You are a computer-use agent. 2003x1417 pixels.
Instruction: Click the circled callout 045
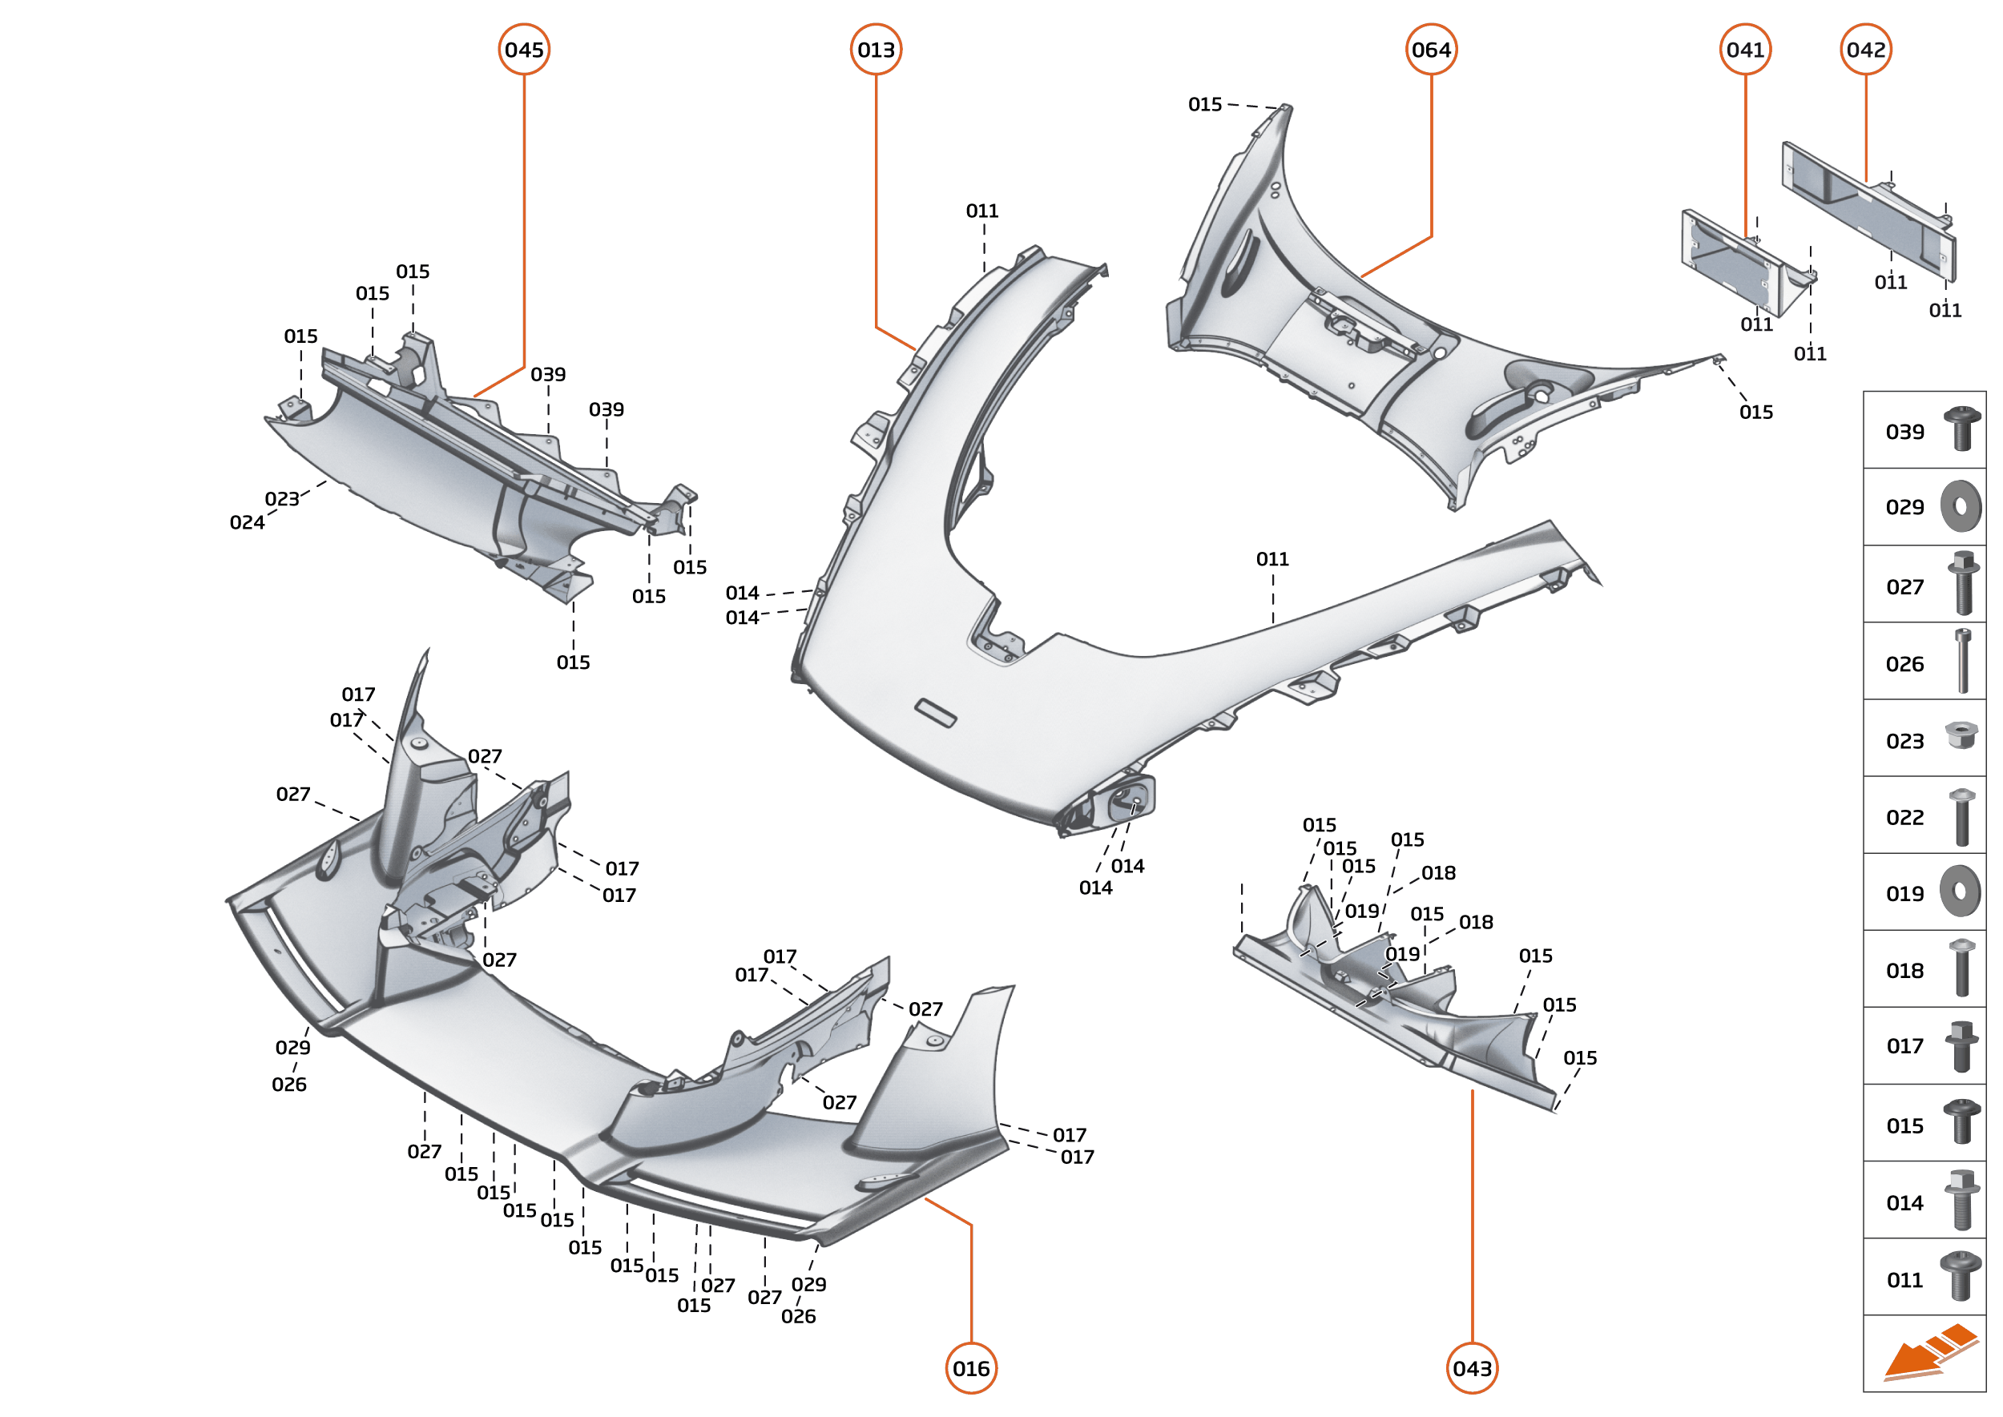(x=524, y=50)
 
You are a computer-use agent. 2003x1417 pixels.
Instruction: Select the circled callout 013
(x=876, y=50)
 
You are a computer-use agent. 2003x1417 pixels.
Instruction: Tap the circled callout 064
(x=1431, y=50)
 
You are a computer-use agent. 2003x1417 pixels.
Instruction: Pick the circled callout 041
(x=1746, y=50)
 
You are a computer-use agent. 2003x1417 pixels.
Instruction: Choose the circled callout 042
(x=1866, y=50)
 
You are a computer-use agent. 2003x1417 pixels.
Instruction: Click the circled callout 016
(x=971, y=1368)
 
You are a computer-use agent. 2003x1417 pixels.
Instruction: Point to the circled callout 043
(x=1473, y=1368)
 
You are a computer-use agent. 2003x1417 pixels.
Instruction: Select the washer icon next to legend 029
(x=1961, y=506)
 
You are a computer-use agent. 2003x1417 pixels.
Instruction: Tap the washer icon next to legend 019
(x=1961, y=891)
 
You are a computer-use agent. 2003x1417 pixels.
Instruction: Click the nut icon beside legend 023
(x=1961, y=735)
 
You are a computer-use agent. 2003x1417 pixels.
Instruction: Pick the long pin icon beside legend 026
(x=1963, y=661)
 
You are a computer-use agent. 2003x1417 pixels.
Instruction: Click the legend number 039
(x=1904, y=432)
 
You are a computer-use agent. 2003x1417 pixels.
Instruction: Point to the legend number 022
(x=1904, y=818)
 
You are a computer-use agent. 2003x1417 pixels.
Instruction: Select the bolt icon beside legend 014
(x=1962, y=1200)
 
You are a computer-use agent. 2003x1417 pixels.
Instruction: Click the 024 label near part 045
(x=247, y=522)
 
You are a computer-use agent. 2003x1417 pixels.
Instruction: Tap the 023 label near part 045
(x=282, y=499)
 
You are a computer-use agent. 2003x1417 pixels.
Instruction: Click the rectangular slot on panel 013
(x=935, y=712)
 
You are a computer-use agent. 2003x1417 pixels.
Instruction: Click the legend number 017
(x=1904, y=1046)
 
